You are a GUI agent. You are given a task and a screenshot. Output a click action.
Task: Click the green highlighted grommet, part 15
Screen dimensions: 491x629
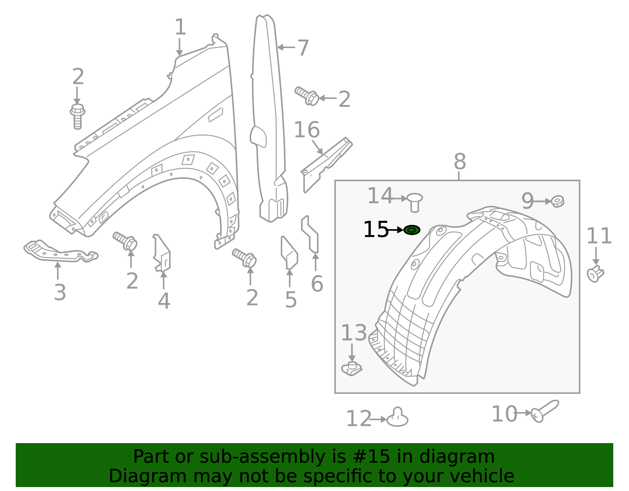point(412,230)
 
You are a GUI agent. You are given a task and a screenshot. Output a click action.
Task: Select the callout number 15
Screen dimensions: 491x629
point(375,230)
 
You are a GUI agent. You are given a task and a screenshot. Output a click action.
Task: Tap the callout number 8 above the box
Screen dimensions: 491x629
point(460,162)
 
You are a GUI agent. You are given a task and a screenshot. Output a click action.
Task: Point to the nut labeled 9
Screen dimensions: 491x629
point(557,201)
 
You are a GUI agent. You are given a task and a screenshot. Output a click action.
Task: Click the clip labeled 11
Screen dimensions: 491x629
point(595,273)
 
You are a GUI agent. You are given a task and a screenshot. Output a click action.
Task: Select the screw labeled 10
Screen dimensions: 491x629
point(545,411)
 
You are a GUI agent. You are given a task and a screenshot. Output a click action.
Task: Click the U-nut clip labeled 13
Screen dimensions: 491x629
point(351,368)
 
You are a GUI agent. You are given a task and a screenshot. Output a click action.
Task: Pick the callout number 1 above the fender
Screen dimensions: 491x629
point(180,28)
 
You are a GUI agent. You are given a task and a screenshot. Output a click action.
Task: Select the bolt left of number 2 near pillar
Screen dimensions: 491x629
point(307,96)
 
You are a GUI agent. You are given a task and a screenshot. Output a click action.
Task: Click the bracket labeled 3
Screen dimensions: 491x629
point(59,252)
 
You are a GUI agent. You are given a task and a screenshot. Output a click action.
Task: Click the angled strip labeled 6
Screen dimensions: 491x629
point(311,234)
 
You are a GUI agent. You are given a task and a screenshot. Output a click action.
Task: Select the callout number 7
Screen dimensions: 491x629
point(303,48)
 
